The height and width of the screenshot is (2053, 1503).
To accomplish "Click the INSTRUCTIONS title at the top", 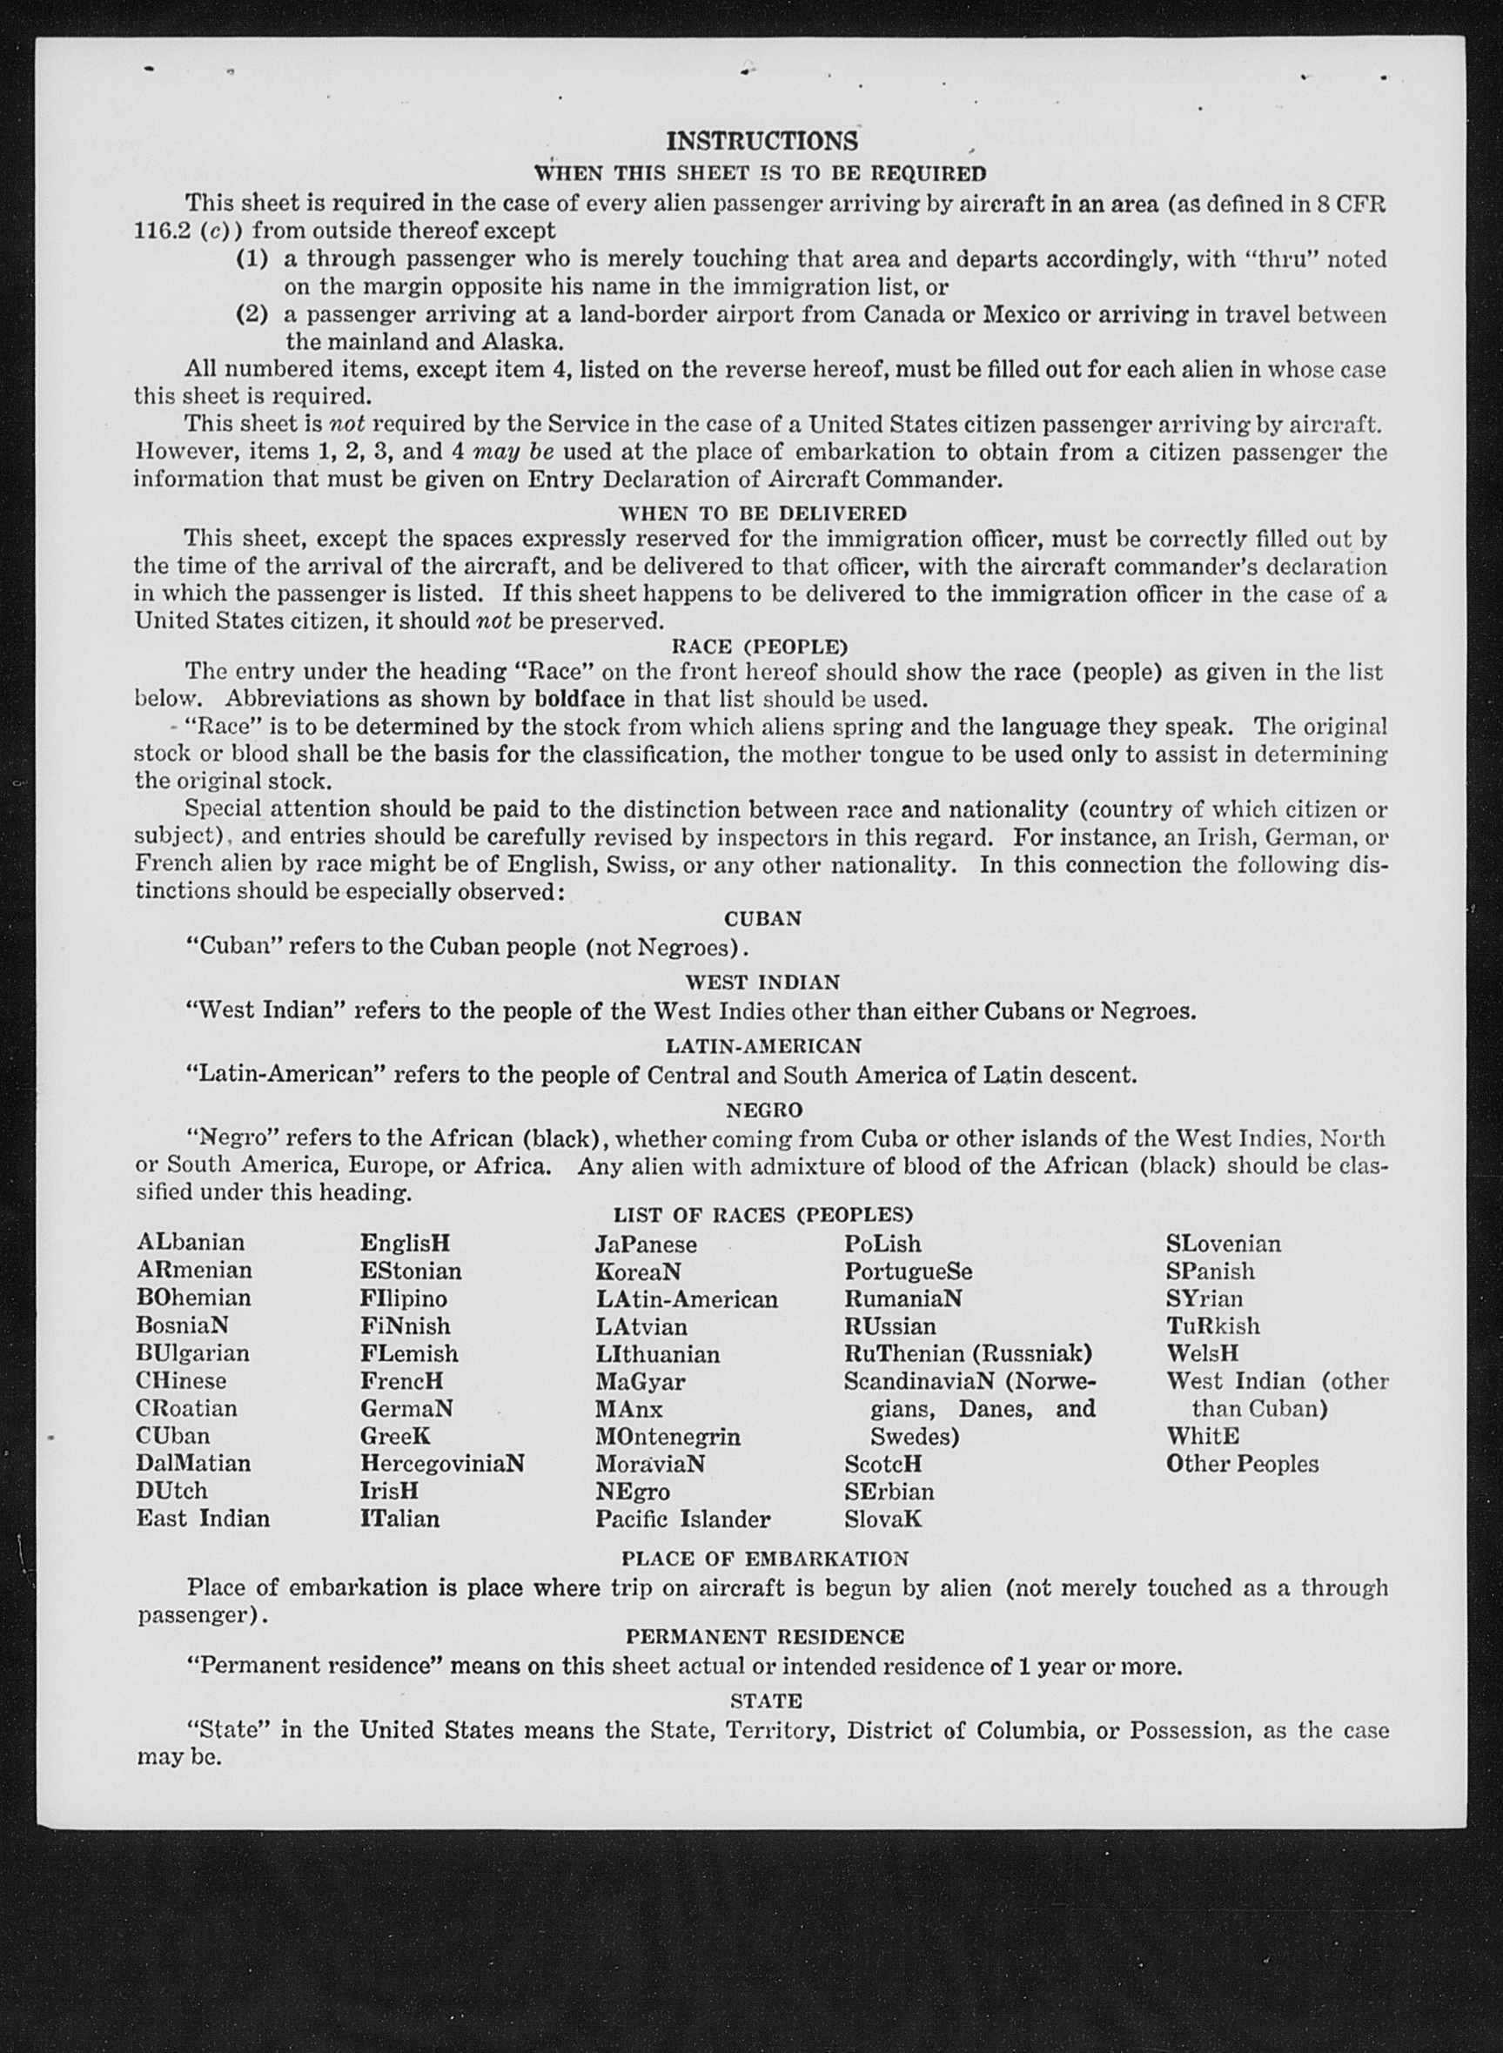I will [762, 141].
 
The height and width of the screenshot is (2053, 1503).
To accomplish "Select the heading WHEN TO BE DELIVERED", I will [762, 513].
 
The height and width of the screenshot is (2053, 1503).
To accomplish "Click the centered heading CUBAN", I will [762, 919].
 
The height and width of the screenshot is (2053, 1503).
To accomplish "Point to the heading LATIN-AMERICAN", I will [762, 1046].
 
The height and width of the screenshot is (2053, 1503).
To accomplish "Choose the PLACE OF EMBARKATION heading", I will [764, 1559].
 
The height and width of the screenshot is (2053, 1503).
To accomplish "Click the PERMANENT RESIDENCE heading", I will [764, 1637].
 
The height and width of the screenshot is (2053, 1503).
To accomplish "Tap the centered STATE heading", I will [766, 1700].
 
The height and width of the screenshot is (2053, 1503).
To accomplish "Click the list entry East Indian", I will [203, 1518].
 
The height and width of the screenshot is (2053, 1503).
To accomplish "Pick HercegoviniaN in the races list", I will [442, 1464].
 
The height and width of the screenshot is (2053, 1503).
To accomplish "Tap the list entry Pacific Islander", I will [682, 1519].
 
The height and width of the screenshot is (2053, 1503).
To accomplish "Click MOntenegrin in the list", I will [668, 1436].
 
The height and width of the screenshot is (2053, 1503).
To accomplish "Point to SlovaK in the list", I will [882, 1519].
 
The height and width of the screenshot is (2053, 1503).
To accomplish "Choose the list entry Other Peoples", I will [1242, 1464].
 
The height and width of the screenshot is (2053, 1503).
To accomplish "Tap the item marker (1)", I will [252, 259].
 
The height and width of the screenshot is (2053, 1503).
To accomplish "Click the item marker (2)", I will [252, 315].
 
